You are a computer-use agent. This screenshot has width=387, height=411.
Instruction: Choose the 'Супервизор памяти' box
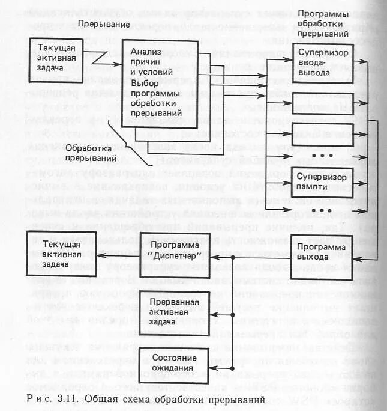[x=321, y=180]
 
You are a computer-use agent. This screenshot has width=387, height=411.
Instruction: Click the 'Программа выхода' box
[x=321, y=252]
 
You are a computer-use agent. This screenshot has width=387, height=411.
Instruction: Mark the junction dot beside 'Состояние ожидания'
[x=232, y=368]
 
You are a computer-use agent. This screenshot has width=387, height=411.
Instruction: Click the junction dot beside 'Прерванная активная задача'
[x=232, y=315]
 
